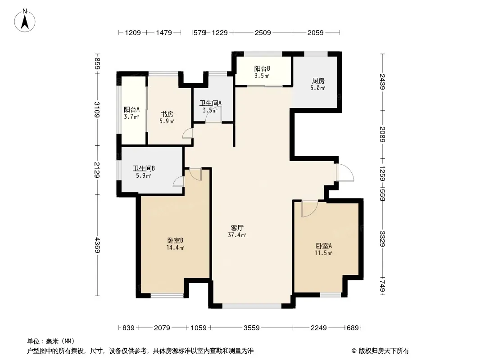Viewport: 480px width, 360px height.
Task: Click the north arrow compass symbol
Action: click(x=25, y=21)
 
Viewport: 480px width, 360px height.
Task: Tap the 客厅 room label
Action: click(x=237, y=228)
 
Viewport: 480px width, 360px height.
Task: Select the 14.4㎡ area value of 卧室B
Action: click(x=175, y=248)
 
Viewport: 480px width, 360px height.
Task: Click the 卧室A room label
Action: click(x=324, y=246)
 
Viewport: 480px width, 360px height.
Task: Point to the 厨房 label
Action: click(x=318, y=81)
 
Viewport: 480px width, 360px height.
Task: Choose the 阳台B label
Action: click(x=262, y=69)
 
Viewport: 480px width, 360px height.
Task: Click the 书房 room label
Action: click(x=167, y=114)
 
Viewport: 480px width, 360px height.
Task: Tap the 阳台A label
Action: click(x=131, y=109)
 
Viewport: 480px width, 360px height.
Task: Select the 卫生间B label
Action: click(x=144, y=169)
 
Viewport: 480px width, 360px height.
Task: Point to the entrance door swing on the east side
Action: click(x=345, y=173)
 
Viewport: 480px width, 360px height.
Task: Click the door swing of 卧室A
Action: click(x=309, y=209)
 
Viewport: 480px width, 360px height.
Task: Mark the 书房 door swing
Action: click(x=187, y=133)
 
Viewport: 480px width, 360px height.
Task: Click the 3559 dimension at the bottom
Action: click(x=252, y=328)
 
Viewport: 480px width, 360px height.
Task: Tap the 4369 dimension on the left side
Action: click(x=97, y=245)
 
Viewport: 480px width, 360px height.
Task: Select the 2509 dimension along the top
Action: click(x=263, y=32)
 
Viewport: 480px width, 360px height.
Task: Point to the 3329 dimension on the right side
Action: click(x=382, y=239)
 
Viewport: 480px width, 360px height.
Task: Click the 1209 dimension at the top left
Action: click(x=133, y=32)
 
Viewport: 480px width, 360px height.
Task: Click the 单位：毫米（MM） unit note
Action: click(x=51, y=342)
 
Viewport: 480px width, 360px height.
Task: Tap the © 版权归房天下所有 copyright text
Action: click(x=380, y=351)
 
